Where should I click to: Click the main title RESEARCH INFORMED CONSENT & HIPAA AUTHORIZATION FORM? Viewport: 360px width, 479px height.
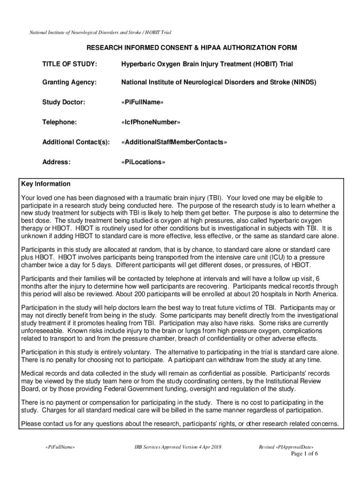[x=191, y=48]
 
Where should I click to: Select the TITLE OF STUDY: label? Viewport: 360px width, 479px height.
[x=70, y=63]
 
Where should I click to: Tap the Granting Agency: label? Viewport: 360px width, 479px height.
[x=70, y=82]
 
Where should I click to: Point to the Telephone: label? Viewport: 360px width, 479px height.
[x=59, y=122]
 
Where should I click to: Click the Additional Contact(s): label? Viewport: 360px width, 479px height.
[x=75, y=142]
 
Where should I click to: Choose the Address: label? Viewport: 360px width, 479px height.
[x=56, y=162]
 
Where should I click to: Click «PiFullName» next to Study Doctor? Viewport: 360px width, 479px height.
[x=142, y=102]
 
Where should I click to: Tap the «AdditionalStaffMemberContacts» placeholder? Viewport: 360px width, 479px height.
[x=173, y=142]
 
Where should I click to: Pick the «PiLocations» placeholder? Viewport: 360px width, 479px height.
[x=143, y=162]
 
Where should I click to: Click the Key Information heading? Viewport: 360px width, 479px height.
[x=46, y=184]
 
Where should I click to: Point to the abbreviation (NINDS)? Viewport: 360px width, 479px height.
[x=304, y=82]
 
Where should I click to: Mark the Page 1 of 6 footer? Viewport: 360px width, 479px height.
[x=304, y=454]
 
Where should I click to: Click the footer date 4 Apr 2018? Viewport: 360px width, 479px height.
[x=208, y=447]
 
